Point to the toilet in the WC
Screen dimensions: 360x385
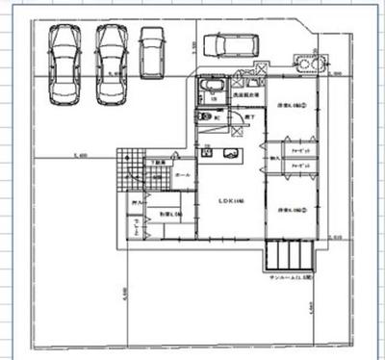pos(205,117)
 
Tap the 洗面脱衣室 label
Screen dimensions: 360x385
pos(244,96)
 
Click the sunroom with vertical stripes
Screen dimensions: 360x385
pos(290,255)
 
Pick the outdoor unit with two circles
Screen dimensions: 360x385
pos(310,65)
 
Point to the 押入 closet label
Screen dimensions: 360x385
pos(136,202)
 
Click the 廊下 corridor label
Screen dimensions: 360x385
pos(249,116)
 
